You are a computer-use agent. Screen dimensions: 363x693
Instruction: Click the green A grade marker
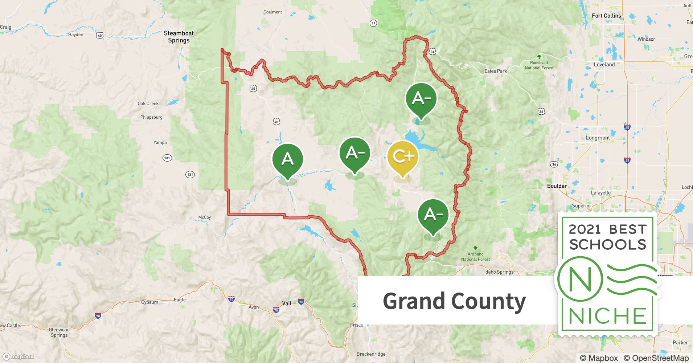(x=287, y=159)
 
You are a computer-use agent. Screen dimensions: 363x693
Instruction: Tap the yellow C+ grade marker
(x=403, y=156)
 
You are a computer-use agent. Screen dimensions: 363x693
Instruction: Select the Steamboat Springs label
(x=179, y=37)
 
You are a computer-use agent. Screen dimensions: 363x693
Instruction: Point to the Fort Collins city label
(x=606, y=16)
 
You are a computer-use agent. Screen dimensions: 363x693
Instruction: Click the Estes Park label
(x=496, y=71)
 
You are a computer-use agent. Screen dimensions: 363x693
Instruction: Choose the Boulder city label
(x=557, y=186)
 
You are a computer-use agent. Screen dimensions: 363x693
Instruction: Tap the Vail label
(x=287, y=303)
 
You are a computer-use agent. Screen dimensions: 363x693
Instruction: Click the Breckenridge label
(x=371, y=354)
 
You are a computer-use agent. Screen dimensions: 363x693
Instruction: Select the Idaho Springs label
(x=499, y=272)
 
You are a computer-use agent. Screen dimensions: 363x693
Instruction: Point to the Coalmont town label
(x=272, y=12)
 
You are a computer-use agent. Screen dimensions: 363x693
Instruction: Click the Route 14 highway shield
(x=373, y=23)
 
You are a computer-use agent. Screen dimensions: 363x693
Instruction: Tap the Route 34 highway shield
(x=432, y=52)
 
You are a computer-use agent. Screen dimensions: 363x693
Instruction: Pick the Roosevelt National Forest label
(x=539, y=65)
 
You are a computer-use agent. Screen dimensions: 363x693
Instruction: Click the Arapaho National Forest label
(x=475, y=257)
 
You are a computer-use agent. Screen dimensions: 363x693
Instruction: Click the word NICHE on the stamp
(x=607, y=316)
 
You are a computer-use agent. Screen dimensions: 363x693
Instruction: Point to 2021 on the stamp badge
(x=585, y=229)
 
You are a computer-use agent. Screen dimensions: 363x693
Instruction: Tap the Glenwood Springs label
(x=59, y=333)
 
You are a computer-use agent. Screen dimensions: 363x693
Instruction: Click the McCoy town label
(x=204, y=217)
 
